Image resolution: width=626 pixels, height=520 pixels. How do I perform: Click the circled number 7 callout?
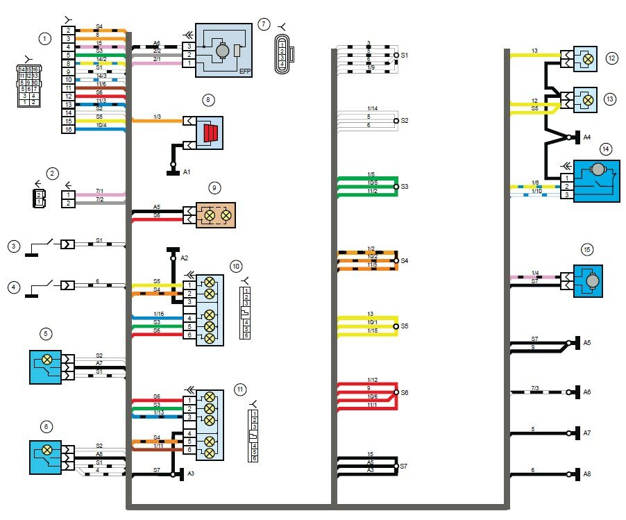(264, 24)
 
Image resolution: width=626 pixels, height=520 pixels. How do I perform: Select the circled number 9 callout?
(214, 187)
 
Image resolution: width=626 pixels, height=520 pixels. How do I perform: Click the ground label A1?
(187, 171)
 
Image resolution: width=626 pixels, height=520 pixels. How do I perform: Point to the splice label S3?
(405, 187)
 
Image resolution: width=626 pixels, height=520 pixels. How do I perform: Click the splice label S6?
(405, 392)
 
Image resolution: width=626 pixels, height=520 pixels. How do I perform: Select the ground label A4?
(587, 137)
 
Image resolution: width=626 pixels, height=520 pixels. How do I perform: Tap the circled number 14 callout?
(606, 149)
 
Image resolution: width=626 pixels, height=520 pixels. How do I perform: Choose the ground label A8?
(587, 475)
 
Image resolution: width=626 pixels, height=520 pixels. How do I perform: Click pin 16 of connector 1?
(68, 130)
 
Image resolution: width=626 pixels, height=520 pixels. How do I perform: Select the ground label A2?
(185, 258)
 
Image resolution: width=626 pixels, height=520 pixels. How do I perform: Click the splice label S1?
(405, 55)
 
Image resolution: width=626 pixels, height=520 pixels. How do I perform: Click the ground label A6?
(587, 392)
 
